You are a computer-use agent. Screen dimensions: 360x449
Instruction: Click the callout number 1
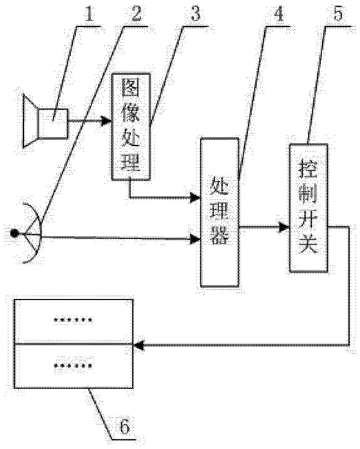89,13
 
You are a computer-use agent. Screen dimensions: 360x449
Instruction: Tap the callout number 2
135,13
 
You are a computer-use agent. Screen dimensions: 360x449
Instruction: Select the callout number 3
196,13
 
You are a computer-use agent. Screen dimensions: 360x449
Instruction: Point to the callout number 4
278,13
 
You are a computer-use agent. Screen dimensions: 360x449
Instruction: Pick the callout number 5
338,13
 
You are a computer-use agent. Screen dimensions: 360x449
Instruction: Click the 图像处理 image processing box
131,126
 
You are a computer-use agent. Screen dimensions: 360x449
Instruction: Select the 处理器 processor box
220,212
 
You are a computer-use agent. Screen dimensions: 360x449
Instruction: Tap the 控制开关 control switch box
309,207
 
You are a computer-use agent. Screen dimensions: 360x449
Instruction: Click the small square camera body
53,124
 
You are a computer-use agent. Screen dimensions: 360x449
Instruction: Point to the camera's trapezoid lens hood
31,121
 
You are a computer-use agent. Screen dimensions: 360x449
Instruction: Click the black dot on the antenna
14,234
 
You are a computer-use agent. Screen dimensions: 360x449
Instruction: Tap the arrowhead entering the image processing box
107,121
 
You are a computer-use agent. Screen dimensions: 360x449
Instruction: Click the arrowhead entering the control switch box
284,228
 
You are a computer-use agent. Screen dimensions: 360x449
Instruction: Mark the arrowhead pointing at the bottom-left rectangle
139,345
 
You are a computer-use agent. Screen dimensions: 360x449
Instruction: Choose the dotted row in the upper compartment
73,320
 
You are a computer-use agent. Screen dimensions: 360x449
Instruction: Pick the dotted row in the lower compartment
73,365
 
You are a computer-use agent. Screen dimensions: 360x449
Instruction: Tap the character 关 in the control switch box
309,244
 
